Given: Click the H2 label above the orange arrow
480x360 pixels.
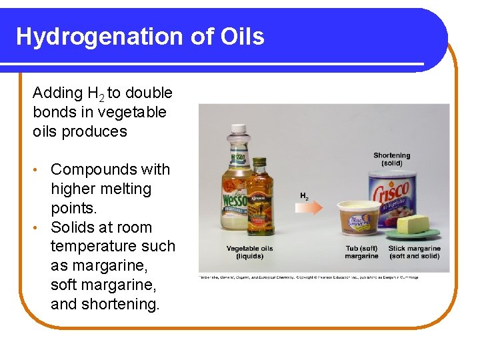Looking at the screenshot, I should pyautogui.click(x=304, y=196).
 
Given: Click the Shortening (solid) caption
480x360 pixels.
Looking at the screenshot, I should pyautogui.click(x=391, y=159).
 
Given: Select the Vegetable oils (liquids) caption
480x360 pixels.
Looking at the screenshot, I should pyautogui.click(x=249, y=253).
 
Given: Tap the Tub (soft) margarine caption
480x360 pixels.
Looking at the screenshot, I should pyautogui.click(x=361, y=253).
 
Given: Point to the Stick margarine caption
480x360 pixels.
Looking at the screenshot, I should pyautogui.click(x=414, y=253).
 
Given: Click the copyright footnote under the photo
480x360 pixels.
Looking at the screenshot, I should pyautogui.click(x=308, y=277).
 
